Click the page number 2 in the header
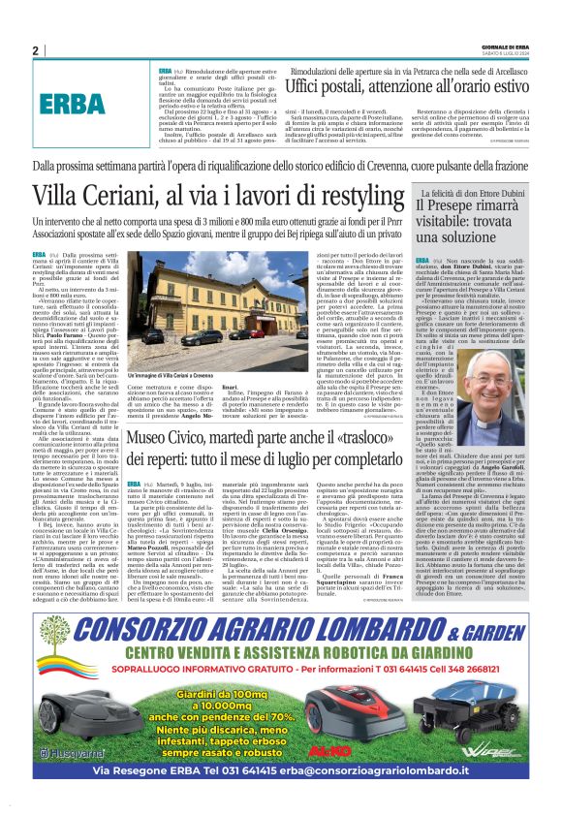tap(35, 50)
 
